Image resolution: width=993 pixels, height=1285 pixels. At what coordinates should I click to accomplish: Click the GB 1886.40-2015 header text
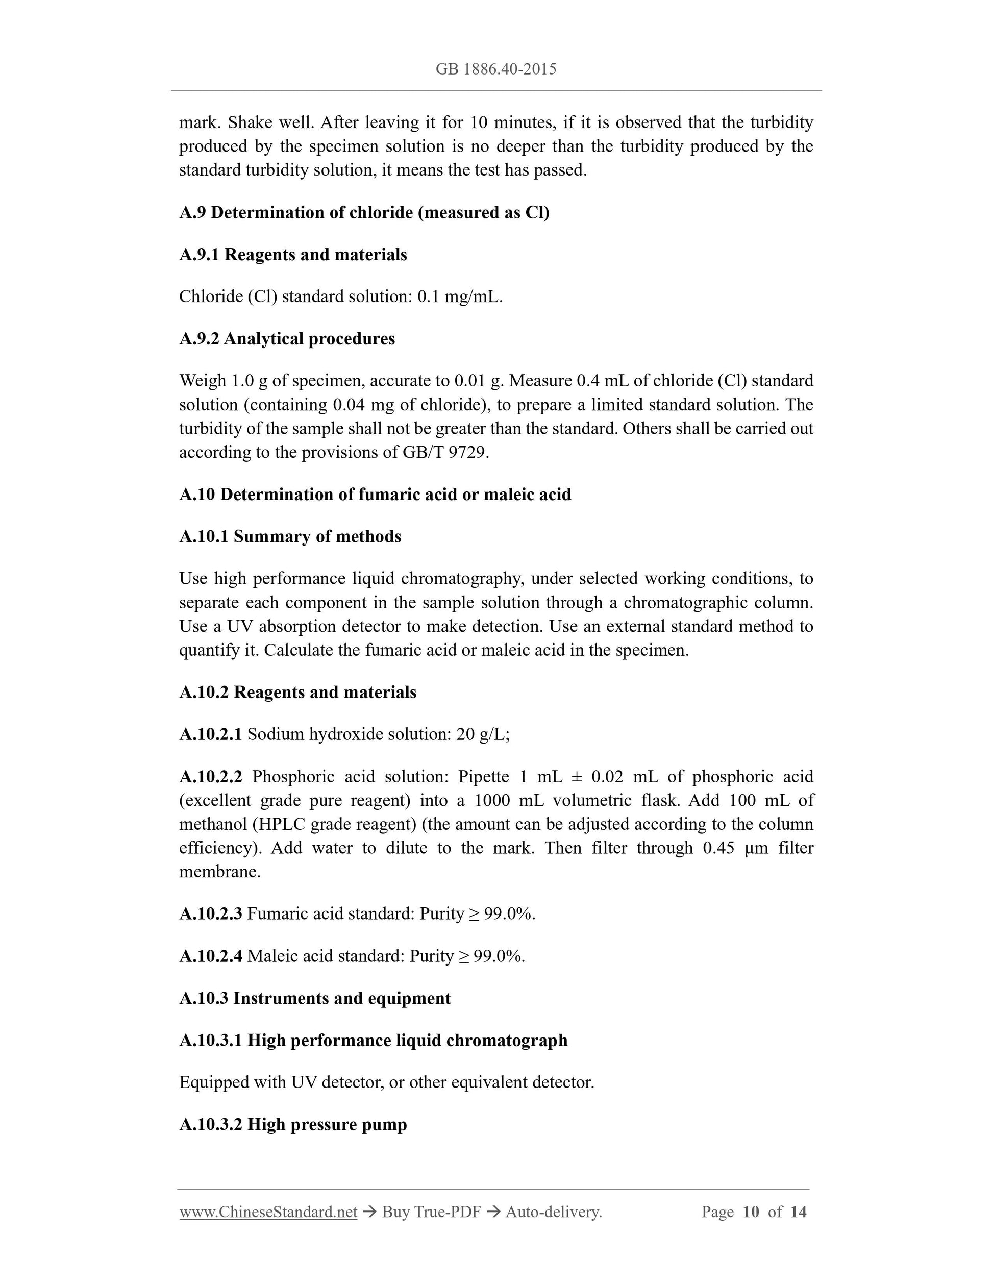click(x=496, y=69)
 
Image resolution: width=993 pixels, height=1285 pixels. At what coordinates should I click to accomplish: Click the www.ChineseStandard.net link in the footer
click(x=268, y=1212)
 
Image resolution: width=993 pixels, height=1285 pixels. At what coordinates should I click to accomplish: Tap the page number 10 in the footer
click(x=751, y=1212)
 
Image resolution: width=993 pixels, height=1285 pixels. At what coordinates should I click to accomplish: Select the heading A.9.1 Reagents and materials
click(x=293, y=255)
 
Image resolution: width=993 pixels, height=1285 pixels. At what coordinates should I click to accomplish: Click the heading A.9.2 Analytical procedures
click(x=287, y=339)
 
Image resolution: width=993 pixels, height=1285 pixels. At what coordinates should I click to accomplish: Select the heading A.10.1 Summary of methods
click(x=290, y=536)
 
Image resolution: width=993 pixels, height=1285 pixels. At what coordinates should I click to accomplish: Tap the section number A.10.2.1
click(x=211, y=734)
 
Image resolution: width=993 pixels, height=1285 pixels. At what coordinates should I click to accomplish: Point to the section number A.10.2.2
click(x=211, y=777)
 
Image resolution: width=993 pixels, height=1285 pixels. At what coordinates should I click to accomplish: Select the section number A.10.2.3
click(x=211, y=914)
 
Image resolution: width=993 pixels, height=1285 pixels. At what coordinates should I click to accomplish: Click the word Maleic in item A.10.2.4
click(x=272, y=956)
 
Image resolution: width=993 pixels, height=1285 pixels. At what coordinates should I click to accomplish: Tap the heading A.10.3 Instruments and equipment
click(x=315, y=999)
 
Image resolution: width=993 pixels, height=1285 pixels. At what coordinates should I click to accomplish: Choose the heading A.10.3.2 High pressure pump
click(x=293, y=1124)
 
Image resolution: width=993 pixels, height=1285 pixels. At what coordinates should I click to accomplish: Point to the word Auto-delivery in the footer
click(x=553, y=1212)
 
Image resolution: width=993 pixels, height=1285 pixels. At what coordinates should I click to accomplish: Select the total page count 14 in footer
click(x=798, y=1212)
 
